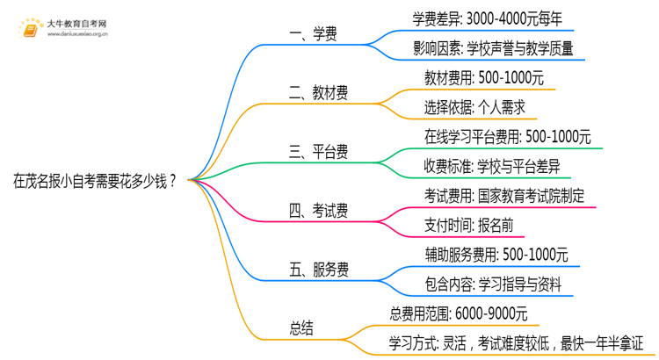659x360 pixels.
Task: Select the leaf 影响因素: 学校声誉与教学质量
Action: pos(493,48)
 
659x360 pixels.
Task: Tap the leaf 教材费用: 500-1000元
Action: pos(484,77)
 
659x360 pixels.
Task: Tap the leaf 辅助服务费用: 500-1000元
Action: pos(496,255)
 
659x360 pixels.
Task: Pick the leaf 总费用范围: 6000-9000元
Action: pos(458,313)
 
